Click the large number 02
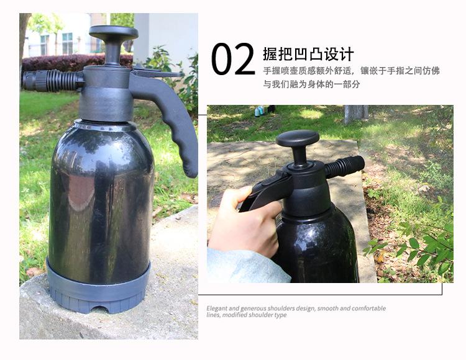coord(233,60)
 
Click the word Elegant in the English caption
coord(218,308)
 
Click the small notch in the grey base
coord(99,308)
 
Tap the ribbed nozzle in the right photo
coord(344,166)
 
